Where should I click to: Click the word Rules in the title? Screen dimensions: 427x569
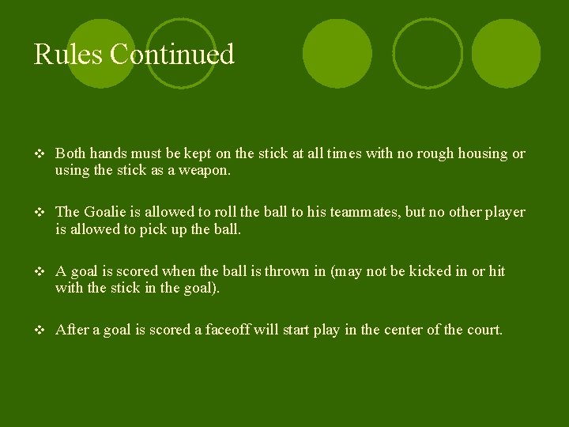[x=68, y=55]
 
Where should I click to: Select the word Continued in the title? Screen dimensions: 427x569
[x=172, y=55]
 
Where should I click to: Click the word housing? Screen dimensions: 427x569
[x=480, y=153]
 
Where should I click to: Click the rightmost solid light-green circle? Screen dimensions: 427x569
[x=506, y=54]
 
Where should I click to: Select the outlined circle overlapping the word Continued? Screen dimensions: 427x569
[x=181, y=54]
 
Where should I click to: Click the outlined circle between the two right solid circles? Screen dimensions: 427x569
[x=428, y=54]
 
